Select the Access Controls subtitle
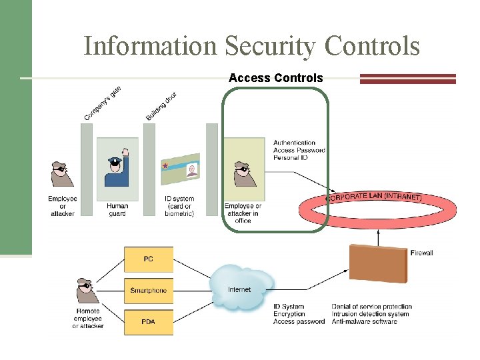(275, 78)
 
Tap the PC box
(148, 259)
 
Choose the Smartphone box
(148, 291)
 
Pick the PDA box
(148, 322)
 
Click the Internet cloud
(240, 289)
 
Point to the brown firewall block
(377, 263)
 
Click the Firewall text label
(422, 253)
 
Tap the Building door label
(161, 106)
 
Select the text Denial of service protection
(371, 307)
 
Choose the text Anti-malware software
(364, 321)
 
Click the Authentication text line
(294, 143)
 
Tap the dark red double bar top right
(407, 79)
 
